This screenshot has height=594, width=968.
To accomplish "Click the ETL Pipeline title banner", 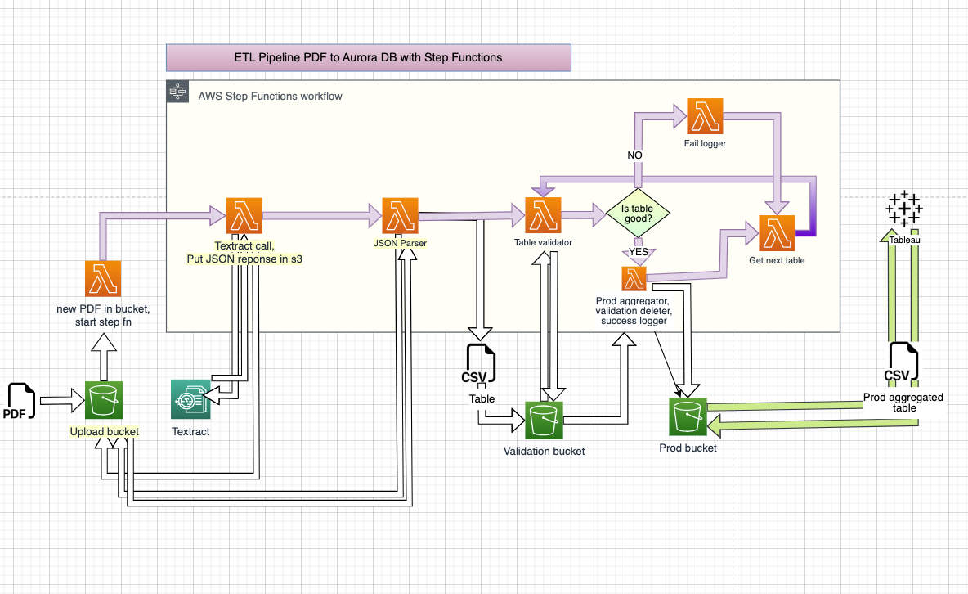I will [x=368, y=57].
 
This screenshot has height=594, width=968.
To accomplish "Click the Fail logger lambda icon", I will [x=705, y=117].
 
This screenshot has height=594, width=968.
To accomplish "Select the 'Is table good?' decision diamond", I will [x=638, y=214].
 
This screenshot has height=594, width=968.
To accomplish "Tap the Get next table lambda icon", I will [x=777, y=234].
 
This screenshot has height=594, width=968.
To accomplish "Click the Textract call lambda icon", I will [x=244, y=217].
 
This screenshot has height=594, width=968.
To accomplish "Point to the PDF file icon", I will [x=20, y=401].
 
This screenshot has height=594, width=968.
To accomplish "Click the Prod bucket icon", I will [x=688, y=418].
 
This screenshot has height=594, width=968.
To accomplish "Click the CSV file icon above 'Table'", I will [x=480, y=367].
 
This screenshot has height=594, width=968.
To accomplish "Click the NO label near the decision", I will [x=634, y=155].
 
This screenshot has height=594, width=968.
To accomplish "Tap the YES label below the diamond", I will [x=638, y=252].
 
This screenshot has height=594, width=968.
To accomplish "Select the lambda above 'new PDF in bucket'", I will [x=104, y=279].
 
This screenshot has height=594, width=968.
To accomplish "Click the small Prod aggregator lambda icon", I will [x=634, y=279].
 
